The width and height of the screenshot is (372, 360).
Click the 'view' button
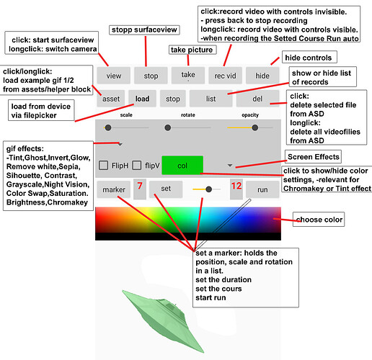pos(114,76)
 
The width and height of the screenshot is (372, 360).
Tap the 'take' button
pos(188,76)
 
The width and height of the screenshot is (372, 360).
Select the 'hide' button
pos(262,76)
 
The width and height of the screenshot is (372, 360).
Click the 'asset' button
pos(111,99)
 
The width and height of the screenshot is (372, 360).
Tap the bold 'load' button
pos(142,99)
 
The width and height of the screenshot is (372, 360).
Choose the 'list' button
pos(211,99)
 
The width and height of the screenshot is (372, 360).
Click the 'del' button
pos(257,99)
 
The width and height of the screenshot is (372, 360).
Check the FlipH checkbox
pos(103,166)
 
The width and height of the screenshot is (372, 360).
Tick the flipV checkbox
pos(137,166)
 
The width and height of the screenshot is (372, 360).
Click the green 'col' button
pos(182,166)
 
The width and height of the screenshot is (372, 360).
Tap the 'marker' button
pos(114,189)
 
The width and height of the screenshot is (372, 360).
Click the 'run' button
pos(262,189)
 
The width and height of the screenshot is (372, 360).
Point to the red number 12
pos(236,186)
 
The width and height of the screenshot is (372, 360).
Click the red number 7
pos(140,186)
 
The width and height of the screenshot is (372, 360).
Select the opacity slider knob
pos(255,127)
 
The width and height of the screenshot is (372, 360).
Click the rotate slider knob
pos(168,127)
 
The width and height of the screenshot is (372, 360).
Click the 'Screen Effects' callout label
pos(314,157)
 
